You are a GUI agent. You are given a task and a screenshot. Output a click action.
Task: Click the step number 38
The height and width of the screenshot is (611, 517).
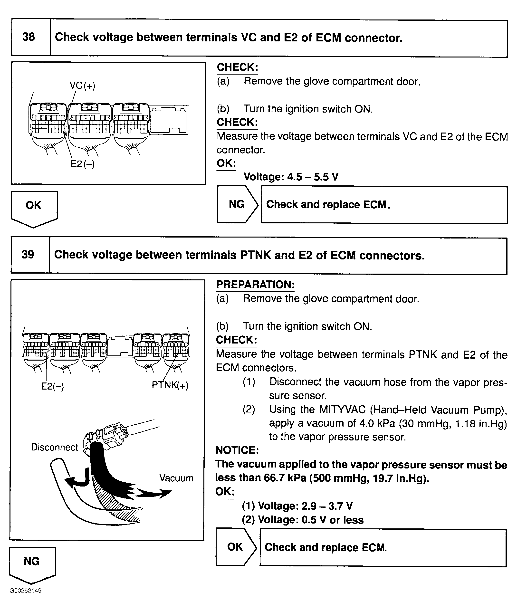pos(29,37)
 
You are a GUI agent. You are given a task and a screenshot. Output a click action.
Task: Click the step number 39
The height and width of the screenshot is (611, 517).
pos(28,254)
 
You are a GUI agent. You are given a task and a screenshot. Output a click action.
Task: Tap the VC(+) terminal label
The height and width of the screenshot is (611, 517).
pos(82,86)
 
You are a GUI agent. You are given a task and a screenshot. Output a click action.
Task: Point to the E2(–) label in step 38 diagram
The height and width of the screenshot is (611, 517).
pos(83,164)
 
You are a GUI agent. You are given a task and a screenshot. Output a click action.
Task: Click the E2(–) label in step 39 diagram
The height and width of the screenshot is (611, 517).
pos(52,386)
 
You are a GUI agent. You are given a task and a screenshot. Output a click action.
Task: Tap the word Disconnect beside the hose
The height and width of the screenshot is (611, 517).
pos(55,447)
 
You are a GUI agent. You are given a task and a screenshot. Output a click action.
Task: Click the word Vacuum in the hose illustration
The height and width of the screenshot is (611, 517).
pos(176,478)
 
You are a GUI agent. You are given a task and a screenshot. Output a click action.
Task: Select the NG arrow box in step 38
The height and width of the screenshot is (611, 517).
pos(237,204)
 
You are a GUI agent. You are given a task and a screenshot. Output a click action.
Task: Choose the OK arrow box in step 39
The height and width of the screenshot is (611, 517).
pos(235,547)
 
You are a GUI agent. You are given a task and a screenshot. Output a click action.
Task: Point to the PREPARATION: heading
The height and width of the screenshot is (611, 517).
pos(255,285)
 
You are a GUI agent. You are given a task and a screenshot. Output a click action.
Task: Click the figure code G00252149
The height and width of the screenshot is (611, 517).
pos(26,591)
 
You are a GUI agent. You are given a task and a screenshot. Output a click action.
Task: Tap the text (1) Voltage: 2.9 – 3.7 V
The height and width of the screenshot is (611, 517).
pos(297,506)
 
